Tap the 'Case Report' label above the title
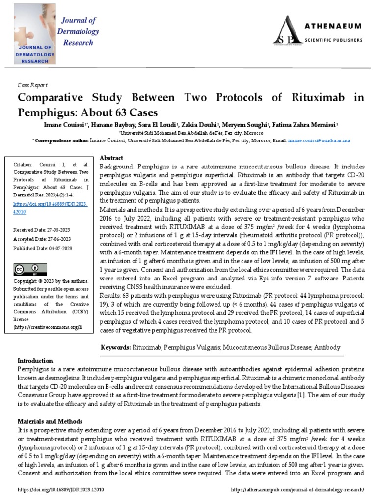30,84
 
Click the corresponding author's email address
319,140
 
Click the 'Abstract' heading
111,158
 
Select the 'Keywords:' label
115,347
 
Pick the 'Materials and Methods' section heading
50,421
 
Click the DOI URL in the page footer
60,490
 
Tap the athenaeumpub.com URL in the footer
297,490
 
